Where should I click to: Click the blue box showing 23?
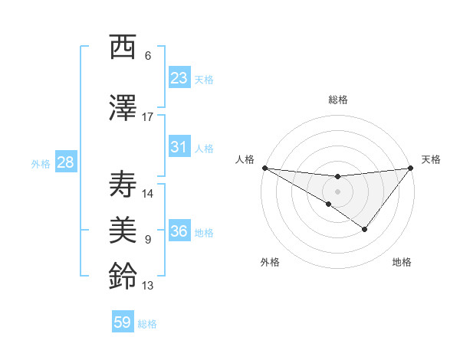click(179, 78)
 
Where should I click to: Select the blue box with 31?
click(179, 147)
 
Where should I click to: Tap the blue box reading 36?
click(179, 231)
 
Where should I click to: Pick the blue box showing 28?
click(64, 162)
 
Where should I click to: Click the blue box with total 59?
click(123, 322)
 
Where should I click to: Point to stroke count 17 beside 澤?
click(148, 116)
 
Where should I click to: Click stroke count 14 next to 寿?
click(148, 193)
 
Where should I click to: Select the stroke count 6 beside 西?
click(148, 56)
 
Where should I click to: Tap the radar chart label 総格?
click(337, 100)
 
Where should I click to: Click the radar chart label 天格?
click(432, 159)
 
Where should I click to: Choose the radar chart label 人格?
click(245, 159)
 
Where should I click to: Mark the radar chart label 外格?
click(270, 262)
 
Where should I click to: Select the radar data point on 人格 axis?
click(264, 168)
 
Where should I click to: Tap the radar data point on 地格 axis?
click(365, 229)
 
